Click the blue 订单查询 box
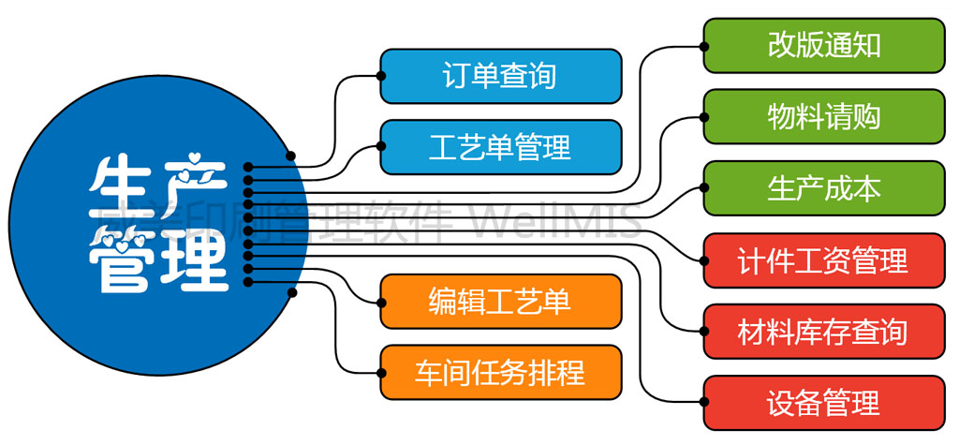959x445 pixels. [x=500, y=76]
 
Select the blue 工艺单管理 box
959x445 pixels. [x=500, y=146]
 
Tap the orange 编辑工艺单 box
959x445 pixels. [x=500, y=301]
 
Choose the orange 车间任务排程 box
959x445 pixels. [x=500, y=372]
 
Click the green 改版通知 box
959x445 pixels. [x=824, y=45]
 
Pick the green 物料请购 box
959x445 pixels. [x=824, y=117]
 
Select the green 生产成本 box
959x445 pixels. [x=824, y=188]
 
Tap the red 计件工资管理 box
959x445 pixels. [x=824, y=260]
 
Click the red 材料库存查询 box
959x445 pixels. [x=824, y=332]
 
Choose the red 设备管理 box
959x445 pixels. [x=824, y=404]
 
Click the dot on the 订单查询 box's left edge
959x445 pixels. [x=381, y=76]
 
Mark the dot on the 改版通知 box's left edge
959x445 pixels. [x=704, y=45]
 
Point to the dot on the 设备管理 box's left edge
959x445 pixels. [x=704, y=404]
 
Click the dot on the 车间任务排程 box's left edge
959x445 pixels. [x=381, y=372]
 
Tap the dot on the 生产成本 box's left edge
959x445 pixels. [x=704, y=188]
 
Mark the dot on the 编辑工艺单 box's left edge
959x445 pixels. [x=381, y=302]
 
